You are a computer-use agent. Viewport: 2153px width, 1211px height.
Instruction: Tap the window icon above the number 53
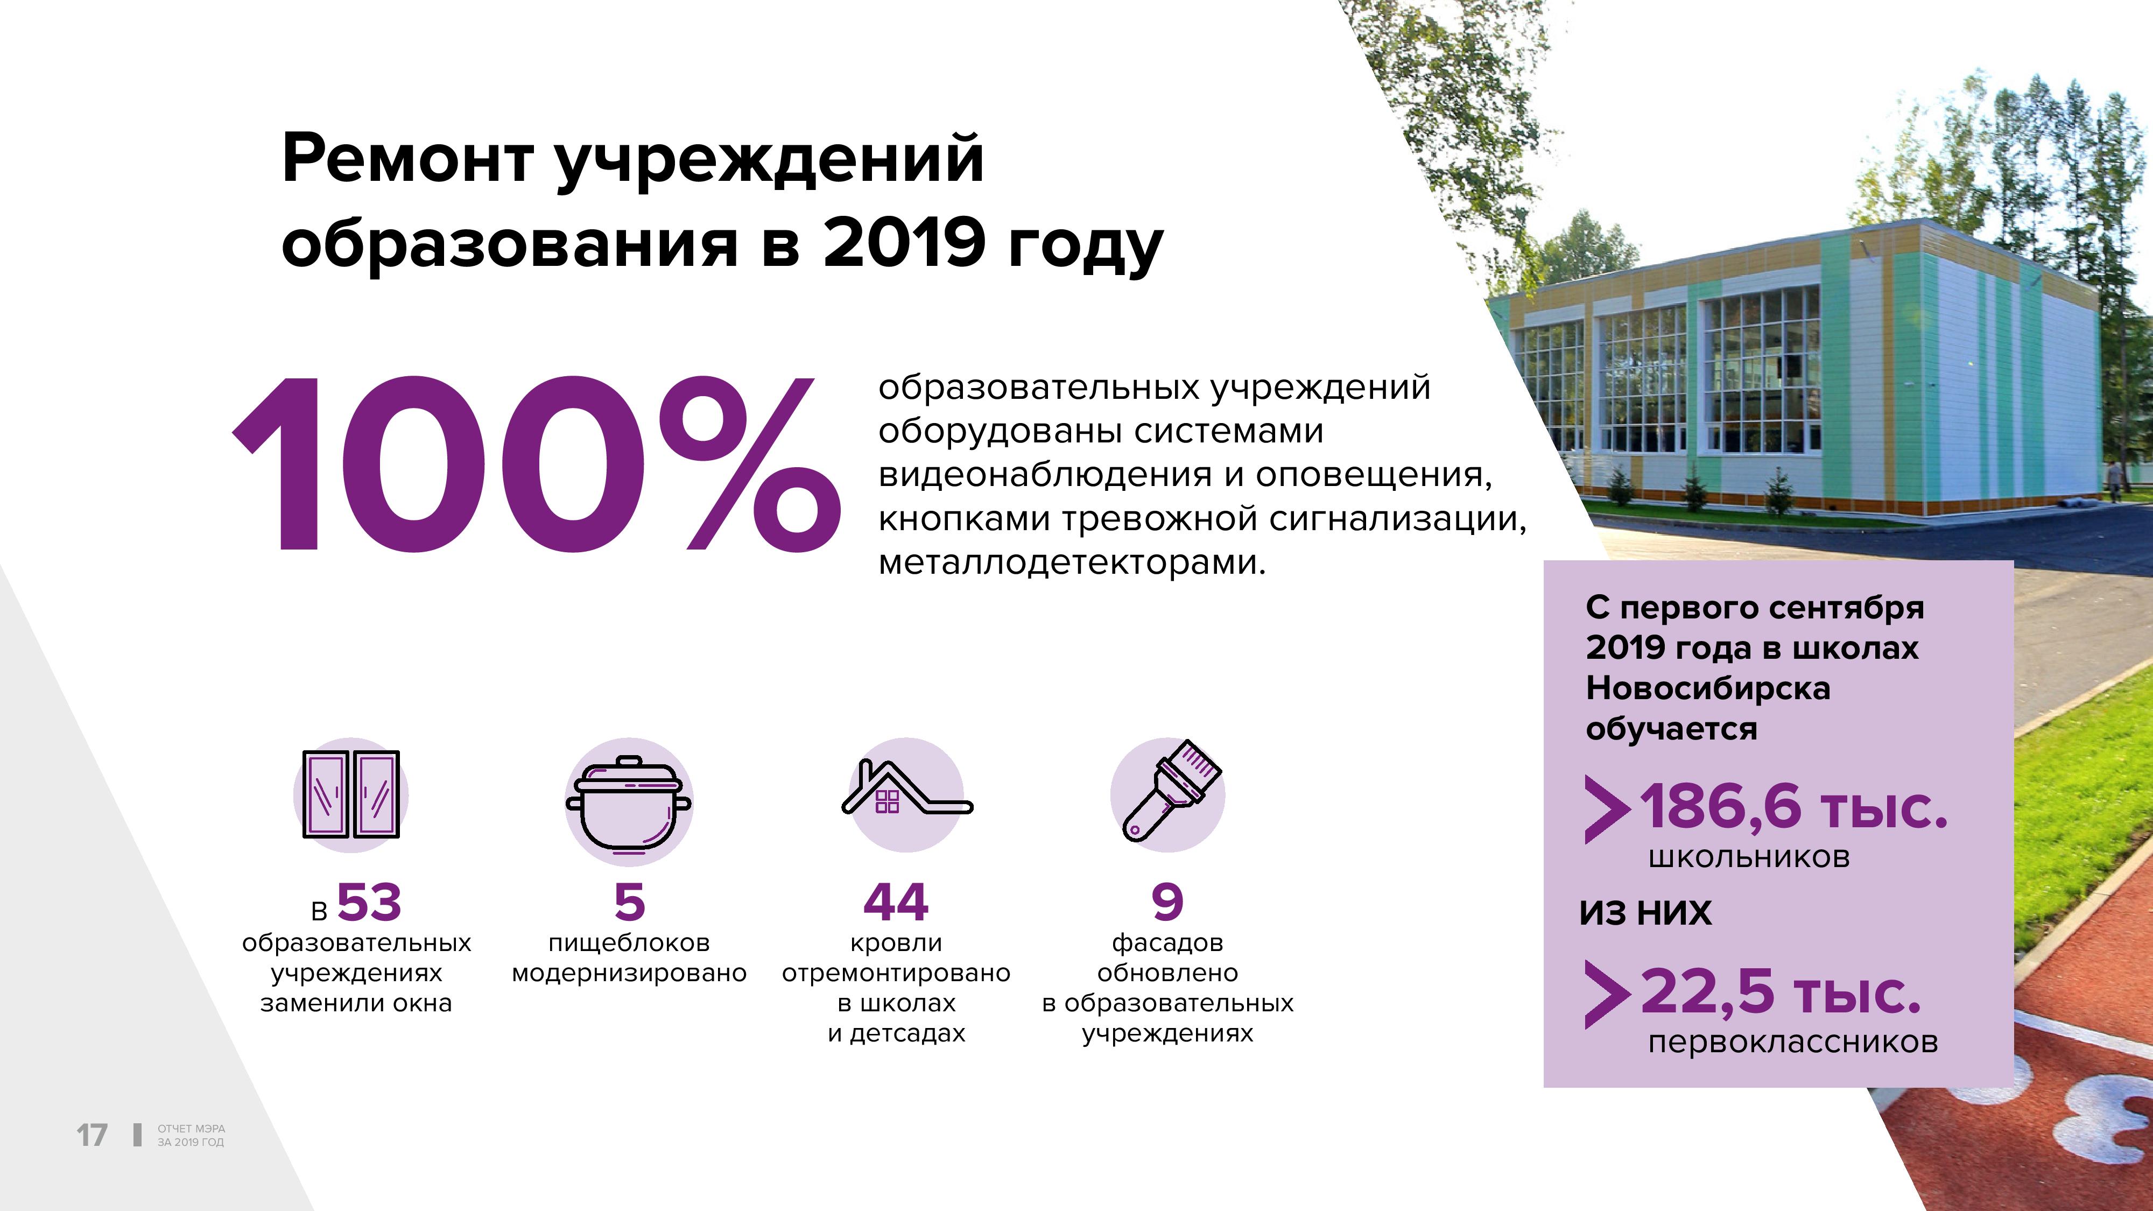pos(350,794)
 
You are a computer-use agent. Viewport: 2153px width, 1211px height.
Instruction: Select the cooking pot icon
pos(629,804)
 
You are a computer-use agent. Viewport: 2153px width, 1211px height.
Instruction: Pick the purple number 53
pos(369,903)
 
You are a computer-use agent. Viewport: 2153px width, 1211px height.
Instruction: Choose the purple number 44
pos(896,903)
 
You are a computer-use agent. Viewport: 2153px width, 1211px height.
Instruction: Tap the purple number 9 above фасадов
pos(1167,903)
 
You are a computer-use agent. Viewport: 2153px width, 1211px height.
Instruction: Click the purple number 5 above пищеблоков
pos(629,903)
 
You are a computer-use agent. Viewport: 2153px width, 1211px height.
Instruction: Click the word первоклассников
pos(1793,1042)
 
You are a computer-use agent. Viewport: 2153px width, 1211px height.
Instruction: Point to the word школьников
pos(1749,857)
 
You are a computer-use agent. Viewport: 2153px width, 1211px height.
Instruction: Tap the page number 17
pos(92,1135)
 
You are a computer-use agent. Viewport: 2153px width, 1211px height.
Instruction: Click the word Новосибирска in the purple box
pos(1707,688)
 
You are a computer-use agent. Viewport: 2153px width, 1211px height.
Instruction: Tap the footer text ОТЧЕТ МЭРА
pos(192,1128)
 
